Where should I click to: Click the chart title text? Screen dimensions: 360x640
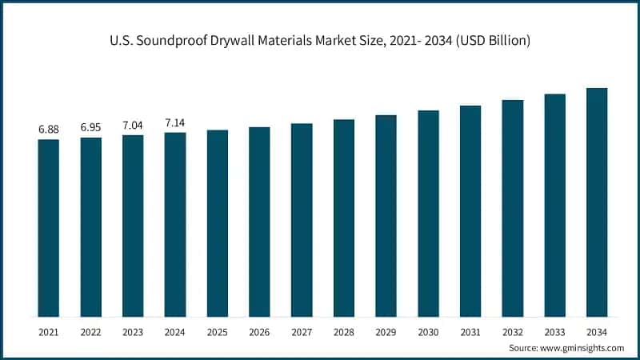(320, 41)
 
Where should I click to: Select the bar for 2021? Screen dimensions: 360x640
(49, 228)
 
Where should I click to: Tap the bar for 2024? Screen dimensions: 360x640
(175, 225)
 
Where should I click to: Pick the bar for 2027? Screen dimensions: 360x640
(302, 220)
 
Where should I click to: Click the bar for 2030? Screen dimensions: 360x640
(428, 214)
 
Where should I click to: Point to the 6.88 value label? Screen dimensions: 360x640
(49, 129)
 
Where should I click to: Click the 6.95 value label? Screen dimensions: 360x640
(91, 127)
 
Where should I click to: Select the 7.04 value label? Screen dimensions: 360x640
(133, 125)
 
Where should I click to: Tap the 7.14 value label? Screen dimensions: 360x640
(175, 122)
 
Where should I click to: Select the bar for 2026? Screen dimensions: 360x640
(259, 222)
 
